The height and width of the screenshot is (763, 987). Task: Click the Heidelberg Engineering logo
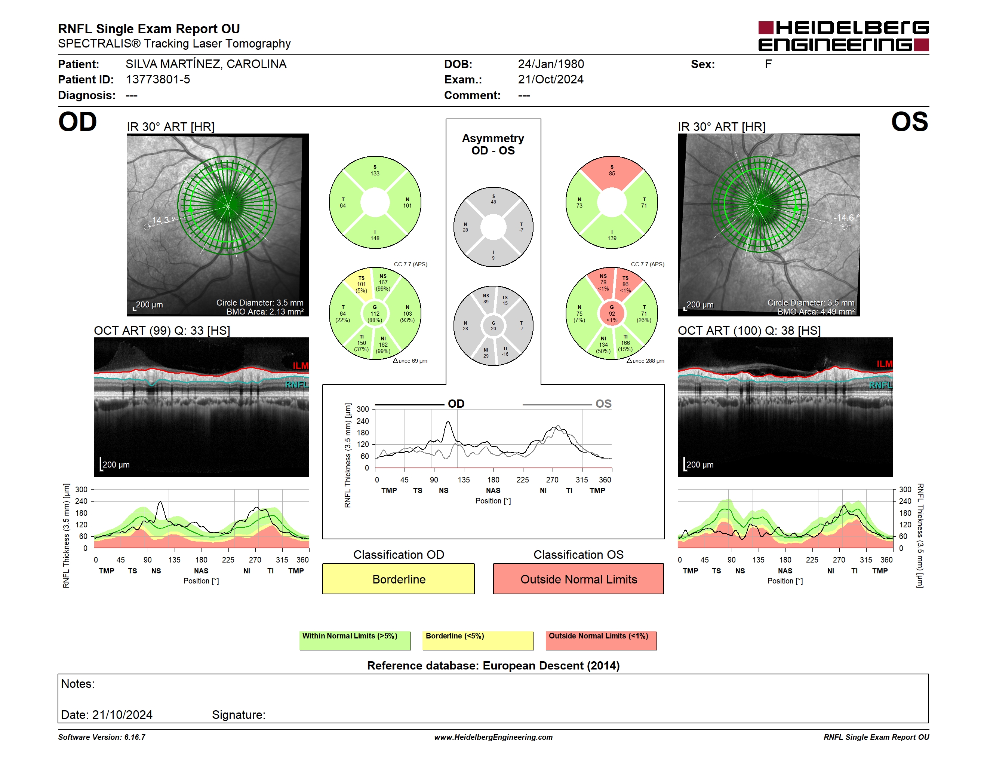tap(843, 36)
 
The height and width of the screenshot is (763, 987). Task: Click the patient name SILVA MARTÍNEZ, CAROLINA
tap(206, 64)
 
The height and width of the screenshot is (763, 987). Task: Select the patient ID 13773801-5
tap(158, 80)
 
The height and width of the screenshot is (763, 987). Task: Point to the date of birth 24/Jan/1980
tap(551, 64)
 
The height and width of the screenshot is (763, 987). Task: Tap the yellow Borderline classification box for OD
tap(398, 579)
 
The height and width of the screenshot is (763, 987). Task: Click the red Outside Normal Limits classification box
tap(578, 579)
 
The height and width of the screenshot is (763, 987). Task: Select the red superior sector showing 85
tap(612, 172)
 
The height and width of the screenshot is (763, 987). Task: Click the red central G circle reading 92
tap(612, 313)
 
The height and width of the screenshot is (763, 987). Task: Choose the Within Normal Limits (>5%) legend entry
tap(355, 640)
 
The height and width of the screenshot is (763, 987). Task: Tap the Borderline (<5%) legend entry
tap(478, 640)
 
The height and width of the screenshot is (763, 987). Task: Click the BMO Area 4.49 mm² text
tap(816, 312)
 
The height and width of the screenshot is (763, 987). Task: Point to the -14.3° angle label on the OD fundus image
tap(162, 221)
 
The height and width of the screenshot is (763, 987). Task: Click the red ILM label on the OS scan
tap(885, 364)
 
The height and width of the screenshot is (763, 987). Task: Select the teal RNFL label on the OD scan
tap(296, 384)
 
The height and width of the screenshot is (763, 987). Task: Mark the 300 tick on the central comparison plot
tap(363, 409)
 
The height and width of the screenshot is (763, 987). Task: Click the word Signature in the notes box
tap(239, 715)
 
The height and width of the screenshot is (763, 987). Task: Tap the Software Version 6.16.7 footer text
tap(102, 737)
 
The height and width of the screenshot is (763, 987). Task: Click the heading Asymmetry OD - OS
tap(493, 144)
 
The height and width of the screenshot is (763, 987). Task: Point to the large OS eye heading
tap(910, 122)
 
